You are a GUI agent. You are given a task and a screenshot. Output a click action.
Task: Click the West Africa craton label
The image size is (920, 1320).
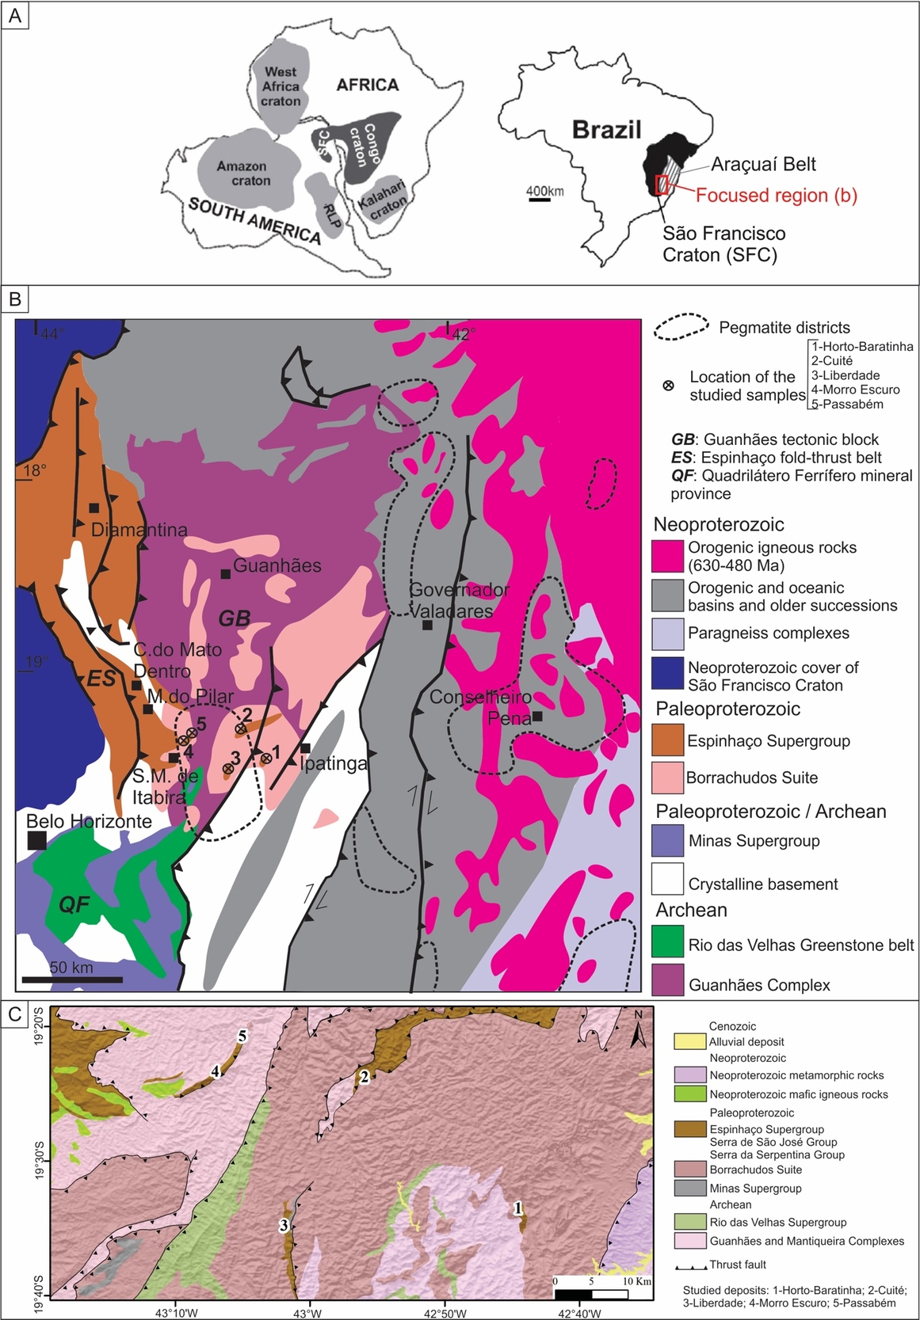coord(281,86)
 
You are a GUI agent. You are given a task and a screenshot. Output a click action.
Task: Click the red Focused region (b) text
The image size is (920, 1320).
coord(776,196)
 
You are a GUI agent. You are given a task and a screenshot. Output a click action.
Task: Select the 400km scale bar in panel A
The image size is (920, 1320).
coord(540,198)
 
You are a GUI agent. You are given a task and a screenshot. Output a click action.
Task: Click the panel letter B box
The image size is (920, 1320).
coord(15,299)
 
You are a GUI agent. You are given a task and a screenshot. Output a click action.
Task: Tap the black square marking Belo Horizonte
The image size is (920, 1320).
coord(36,840)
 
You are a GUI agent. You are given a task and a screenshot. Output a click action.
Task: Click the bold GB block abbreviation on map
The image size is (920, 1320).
coord(234,618)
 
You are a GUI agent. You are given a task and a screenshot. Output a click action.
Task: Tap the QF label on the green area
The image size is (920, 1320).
coord(74,903)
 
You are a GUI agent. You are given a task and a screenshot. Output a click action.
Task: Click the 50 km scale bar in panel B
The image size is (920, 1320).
coord(72,980)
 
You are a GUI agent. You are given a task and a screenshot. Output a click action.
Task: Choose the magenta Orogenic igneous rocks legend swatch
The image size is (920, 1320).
coord(667,556)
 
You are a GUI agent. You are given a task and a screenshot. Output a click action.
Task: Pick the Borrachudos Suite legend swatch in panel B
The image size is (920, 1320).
coord(667,778)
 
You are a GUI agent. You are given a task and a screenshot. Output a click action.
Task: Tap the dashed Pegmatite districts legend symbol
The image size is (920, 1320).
coord(681,327)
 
